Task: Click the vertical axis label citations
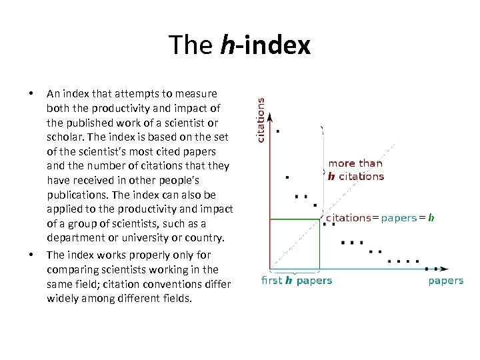point(261,120)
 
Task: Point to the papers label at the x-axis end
point(445,281)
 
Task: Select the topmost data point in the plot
point(277,131)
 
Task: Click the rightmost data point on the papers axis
point(427,269)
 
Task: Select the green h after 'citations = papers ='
point(431,217)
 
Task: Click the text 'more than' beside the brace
point(355,163)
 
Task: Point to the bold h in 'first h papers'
point(289,280)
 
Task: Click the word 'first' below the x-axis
point(272,280)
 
